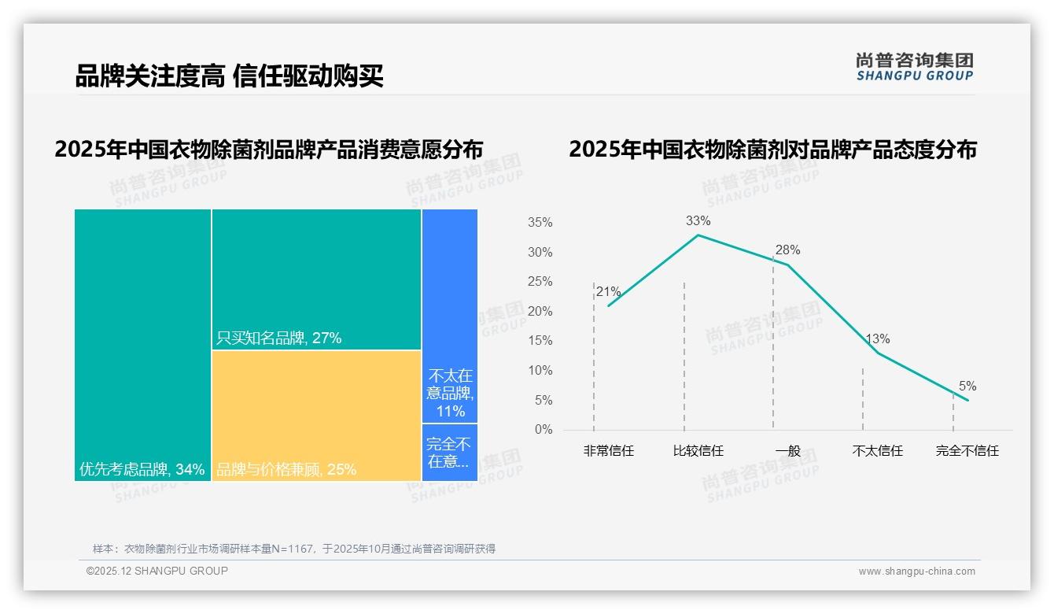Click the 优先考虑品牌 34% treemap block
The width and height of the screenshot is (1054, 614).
142,344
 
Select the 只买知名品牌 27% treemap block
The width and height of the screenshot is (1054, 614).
316,279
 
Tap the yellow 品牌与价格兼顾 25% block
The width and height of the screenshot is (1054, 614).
316,415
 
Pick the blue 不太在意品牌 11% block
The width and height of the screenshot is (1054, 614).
450,315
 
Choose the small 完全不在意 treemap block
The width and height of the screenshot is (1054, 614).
450,452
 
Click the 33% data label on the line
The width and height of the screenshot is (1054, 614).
698,221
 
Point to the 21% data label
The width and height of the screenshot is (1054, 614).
609,292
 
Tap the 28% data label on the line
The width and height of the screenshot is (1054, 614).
787,250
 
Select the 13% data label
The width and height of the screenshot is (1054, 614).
877,339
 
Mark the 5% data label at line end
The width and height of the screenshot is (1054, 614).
967,387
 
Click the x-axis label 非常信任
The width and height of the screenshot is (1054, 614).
608,451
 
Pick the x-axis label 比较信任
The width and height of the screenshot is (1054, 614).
698,451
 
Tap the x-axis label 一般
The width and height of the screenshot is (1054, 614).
787,451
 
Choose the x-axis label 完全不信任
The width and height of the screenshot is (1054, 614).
967,451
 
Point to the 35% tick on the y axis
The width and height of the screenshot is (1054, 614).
540,223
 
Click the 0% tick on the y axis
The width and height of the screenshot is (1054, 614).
544,430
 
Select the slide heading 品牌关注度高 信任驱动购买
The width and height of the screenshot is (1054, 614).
229,76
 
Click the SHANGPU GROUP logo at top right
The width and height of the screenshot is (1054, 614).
914,67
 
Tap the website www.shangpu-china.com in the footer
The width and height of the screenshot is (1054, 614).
916,571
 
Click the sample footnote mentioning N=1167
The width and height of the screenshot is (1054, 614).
294,549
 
